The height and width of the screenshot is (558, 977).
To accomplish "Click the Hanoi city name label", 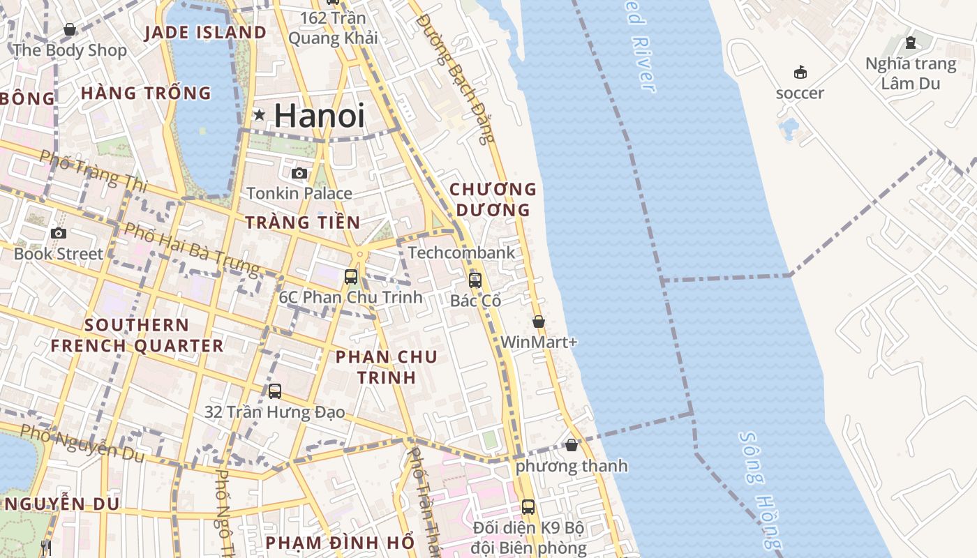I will click(319, 115).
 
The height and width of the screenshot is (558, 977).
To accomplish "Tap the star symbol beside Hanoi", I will click(260, 114).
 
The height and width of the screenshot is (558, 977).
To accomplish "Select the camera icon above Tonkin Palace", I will click(299, 173).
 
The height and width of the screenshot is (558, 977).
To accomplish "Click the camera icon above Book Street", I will click(59, 233).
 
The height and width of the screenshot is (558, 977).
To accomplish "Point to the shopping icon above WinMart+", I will click(539, 322).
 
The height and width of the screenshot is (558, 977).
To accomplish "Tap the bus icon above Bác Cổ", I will click(475, 280).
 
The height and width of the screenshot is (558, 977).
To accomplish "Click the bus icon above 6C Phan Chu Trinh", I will click(351, 276).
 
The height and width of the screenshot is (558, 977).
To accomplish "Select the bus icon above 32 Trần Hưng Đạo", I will click(275, 391).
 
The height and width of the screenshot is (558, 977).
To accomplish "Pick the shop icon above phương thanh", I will click(572, 445).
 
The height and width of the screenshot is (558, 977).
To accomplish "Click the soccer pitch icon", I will click(800, 72).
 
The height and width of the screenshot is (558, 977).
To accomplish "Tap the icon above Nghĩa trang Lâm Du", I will click(910, 43).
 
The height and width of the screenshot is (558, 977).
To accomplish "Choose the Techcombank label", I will click(461, 252).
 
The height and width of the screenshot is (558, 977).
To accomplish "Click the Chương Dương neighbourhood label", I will click(493, 199).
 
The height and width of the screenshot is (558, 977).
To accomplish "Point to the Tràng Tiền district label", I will click(303, 223).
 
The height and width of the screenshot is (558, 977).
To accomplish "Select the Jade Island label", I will click(205, 33).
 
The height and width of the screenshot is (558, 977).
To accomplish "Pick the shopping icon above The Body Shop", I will click(70, 29).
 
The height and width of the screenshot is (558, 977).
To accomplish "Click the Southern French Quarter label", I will click(137, 335).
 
